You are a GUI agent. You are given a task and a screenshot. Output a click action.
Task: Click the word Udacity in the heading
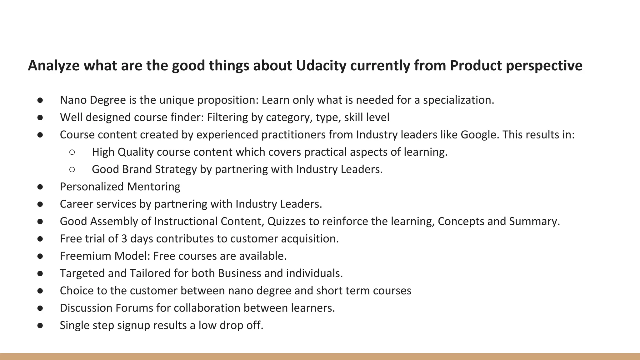coord(321,66)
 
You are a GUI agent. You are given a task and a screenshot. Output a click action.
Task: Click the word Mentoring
coord(153,187)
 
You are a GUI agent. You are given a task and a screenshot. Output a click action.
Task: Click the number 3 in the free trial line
coord(124,239)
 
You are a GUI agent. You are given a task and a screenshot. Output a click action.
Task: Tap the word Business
coord(239,273)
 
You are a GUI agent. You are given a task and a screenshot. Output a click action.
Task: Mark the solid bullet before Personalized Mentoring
coord(40,187)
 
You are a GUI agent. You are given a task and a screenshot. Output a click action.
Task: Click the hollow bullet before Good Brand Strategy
coord(72,169)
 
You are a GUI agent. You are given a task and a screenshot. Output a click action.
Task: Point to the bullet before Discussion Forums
coord(40,308)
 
